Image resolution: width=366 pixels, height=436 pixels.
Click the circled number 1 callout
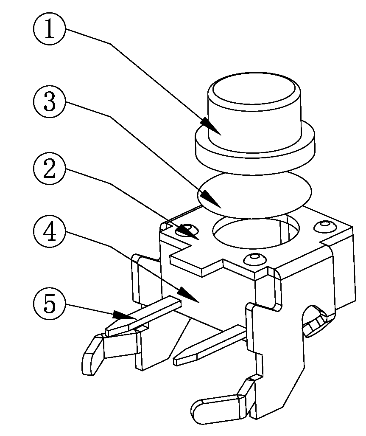click(x=50, y=28)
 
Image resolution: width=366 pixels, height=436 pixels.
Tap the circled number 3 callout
click(x=50, y=101)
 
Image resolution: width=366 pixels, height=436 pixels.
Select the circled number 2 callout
click(x=50, y=169)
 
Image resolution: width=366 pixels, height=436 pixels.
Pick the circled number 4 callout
click(x=50, y=232)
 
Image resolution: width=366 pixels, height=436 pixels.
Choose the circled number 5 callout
click(x=50, y=304)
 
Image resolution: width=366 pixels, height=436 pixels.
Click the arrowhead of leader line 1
click(x=211, y=127)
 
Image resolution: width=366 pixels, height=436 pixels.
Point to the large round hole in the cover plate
click(x=256, y=233)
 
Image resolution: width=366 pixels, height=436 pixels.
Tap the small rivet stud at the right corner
click(x=324, y=225)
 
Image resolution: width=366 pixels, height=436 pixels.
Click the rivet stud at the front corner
click(x=253, y=259)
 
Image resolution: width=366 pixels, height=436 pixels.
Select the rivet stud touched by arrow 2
click(x=188, y=230)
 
